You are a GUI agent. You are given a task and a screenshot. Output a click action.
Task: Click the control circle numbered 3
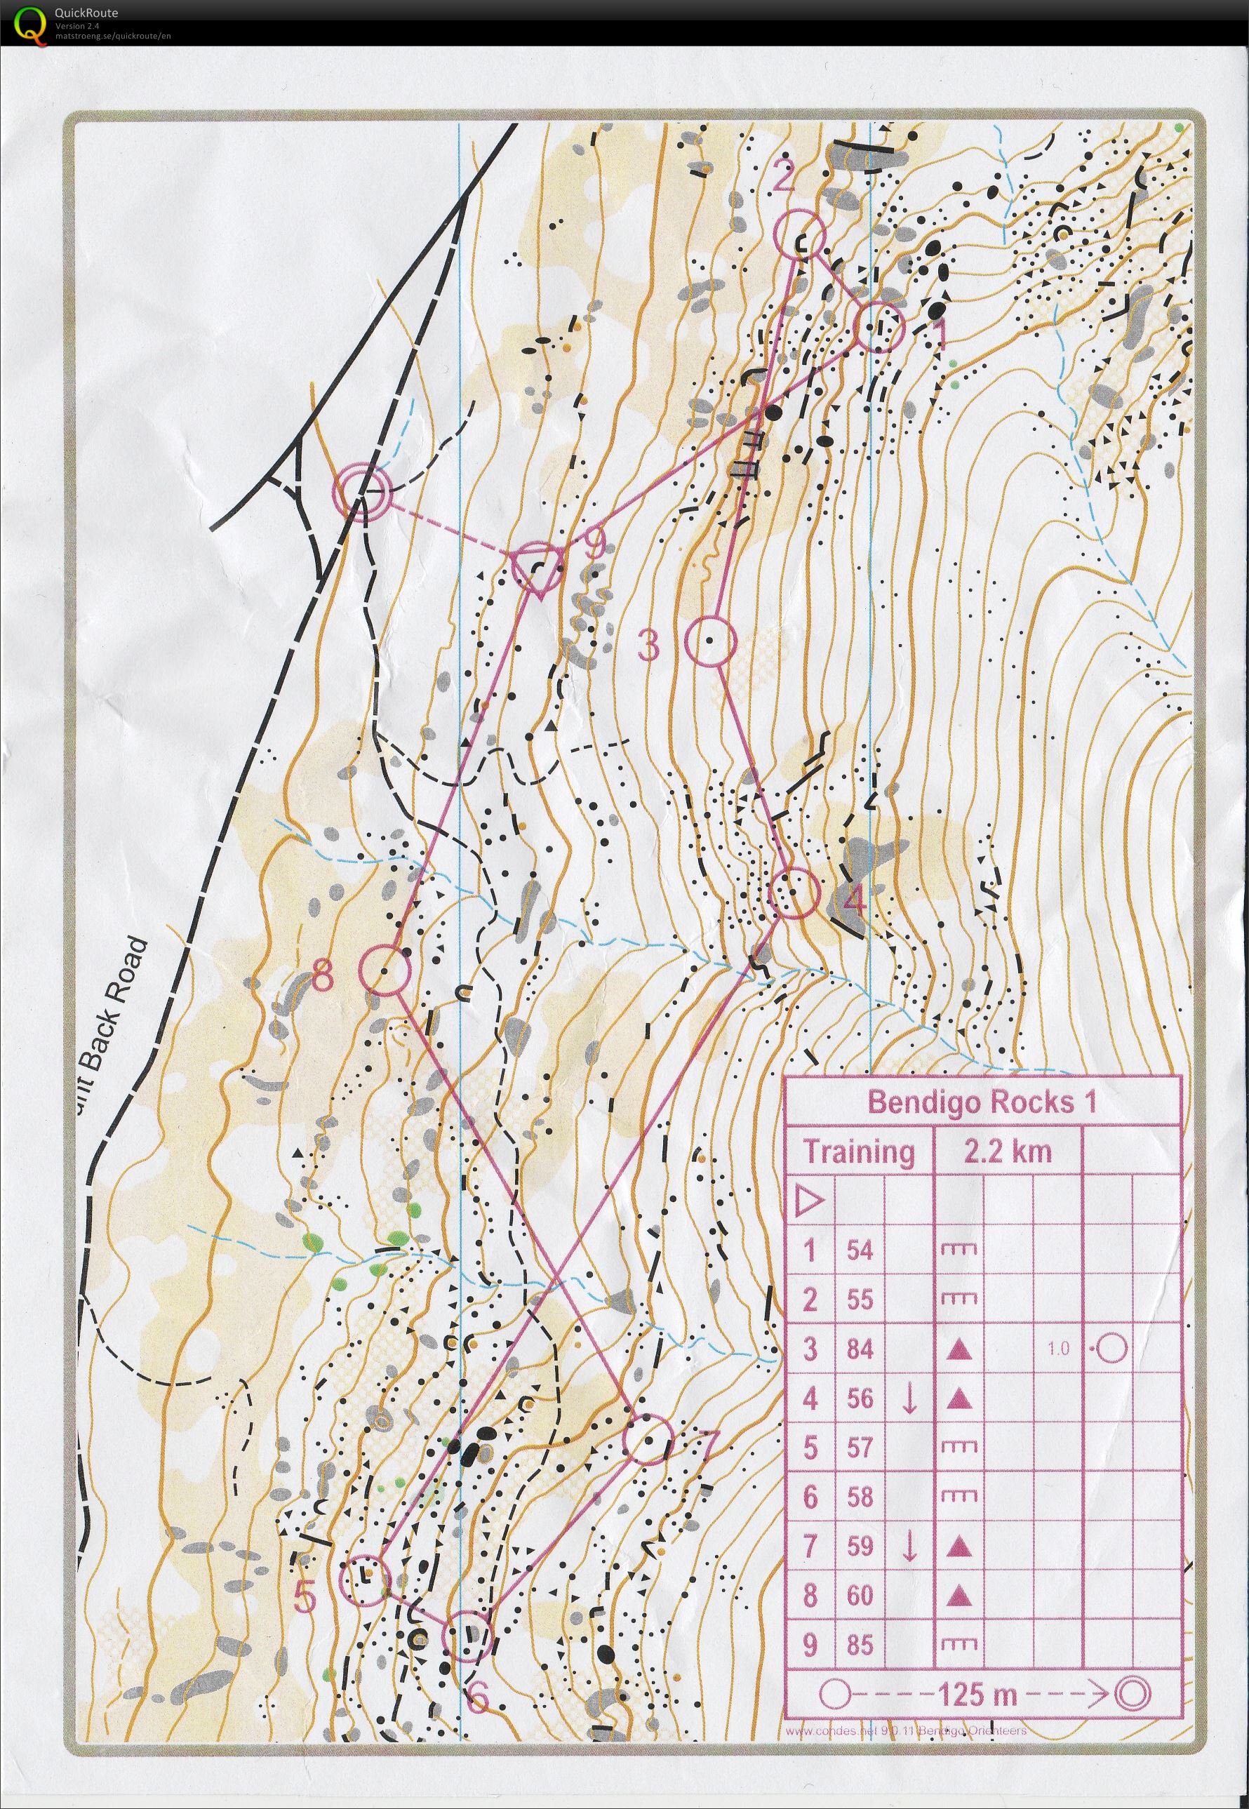711,641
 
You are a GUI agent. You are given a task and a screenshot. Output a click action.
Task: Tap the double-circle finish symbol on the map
361,490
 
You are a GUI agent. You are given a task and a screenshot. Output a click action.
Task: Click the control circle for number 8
385,970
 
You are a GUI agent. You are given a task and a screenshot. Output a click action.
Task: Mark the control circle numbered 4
795,893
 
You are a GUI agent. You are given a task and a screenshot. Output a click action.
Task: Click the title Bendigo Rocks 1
982,1102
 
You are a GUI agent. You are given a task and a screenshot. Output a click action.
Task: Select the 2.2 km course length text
1007,1152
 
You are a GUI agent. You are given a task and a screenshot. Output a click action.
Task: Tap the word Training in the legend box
858,1152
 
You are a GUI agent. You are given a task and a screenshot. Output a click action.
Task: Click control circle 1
879,327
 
